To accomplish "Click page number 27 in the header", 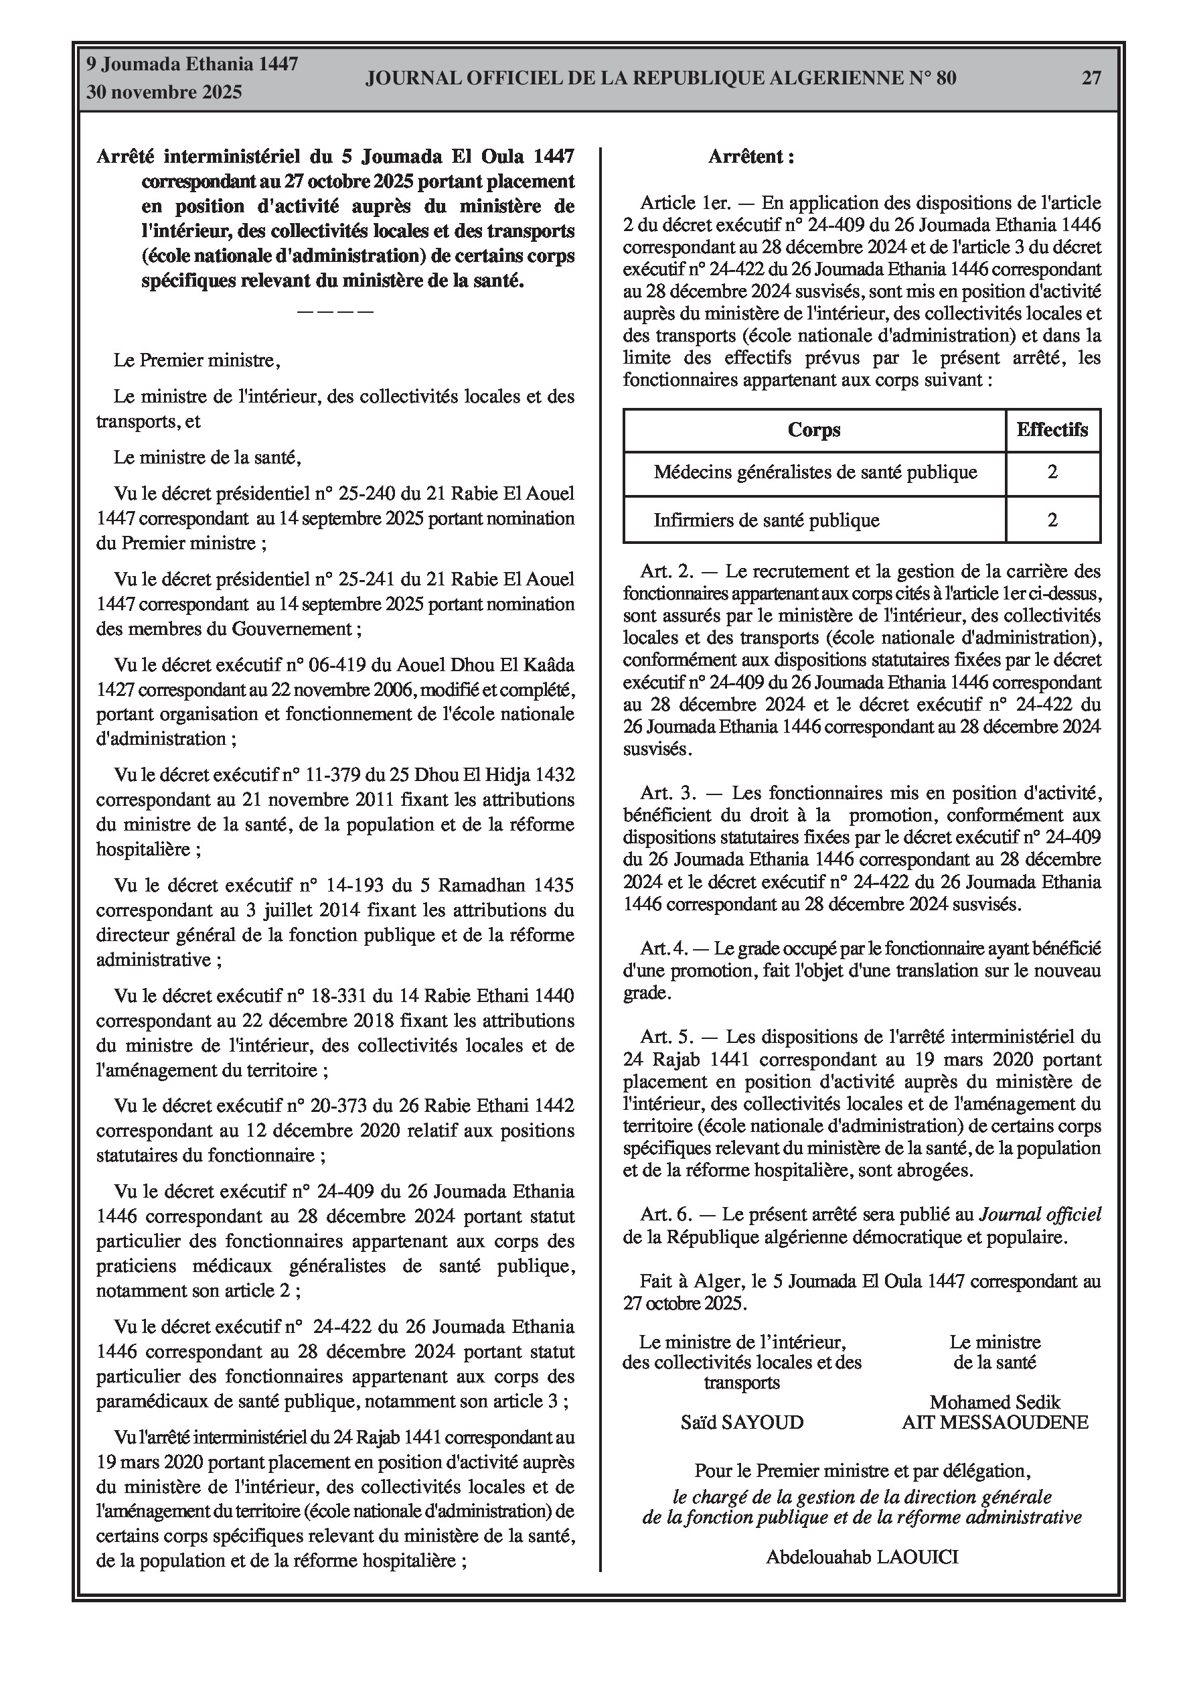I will pos(1091,78).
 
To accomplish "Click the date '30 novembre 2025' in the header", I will pos(164,93).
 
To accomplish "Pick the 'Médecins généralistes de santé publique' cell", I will pos(815,472).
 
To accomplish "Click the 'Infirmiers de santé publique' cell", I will pos(767,520).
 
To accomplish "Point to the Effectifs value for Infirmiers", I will pos(1052,520).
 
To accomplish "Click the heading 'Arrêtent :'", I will pos(750,157).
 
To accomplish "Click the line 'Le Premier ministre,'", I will pos(197,360).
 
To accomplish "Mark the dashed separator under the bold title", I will pos(335,311).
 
